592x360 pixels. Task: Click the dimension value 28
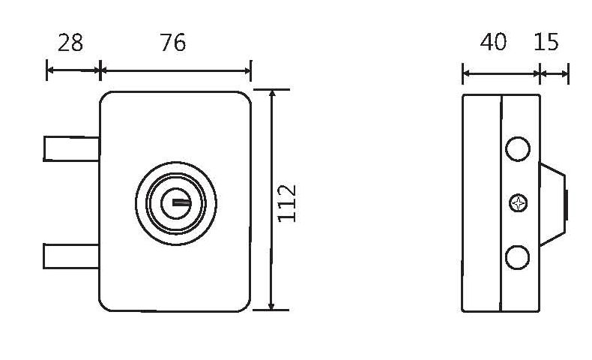coord(70,43)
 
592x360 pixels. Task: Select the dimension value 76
coord(173,43)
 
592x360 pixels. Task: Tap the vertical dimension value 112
coord(288,202)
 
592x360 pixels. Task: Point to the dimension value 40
coord(493,42)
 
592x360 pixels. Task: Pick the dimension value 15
coord(546,42)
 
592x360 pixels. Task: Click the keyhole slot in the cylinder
coord(179,201)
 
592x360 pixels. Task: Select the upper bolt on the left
coord(72,148)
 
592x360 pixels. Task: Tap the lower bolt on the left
coord(72,256)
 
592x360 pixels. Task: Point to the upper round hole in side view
coord(518,148)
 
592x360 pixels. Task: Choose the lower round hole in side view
coord(518,257)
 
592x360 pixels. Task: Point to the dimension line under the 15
coord(555,73)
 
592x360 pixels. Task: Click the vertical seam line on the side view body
coord(500,225)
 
